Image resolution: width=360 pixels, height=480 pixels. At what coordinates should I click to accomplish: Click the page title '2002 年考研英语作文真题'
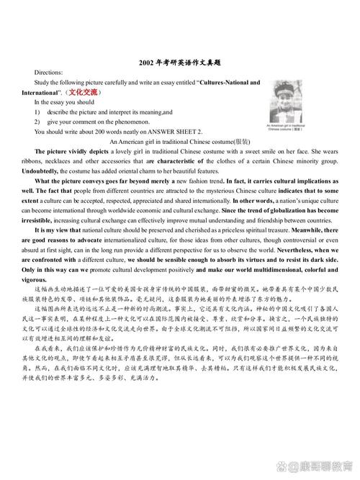point(180,64)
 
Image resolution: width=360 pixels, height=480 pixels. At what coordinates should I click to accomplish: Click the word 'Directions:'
point(48,73)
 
